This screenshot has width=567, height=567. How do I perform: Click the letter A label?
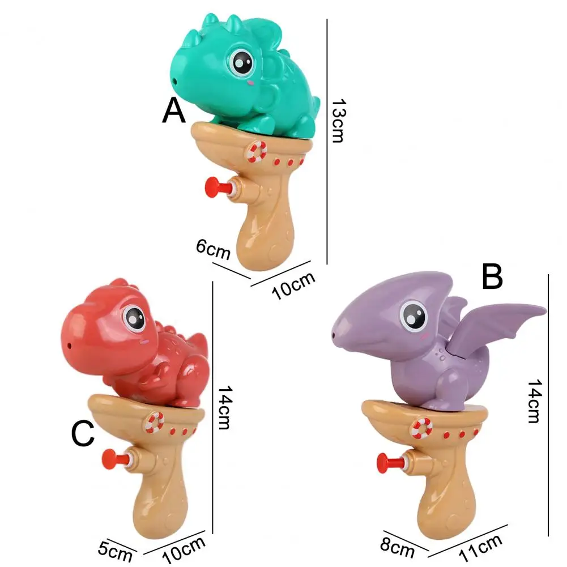(x=174, y=111)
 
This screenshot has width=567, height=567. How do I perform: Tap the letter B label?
(x=492, y=276)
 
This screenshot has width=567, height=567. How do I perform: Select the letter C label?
(x=83, y=433)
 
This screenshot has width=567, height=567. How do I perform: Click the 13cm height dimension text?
(x=339, y=121)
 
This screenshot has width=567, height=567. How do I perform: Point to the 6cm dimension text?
(x=213, y=249)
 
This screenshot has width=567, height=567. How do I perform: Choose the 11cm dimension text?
(x=480, y=548)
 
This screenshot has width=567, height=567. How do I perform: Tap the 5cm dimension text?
(x=115, y=552)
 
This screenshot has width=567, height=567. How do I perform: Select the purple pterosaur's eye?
(x=413, y=316)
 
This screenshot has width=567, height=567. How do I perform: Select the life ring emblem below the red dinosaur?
(x=155, y=423)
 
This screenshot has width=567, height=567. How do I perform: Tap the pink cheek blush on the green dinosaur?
(x=249, y=83)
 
